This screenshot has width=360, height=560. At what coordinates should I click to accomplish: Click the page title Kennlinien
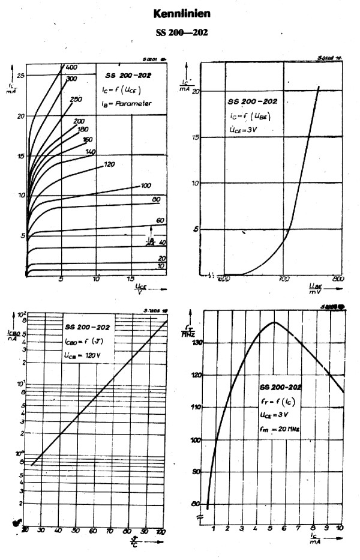[181, 12]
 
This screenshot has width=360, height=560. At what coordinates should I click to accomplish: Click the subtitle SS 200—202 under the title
[181, 32]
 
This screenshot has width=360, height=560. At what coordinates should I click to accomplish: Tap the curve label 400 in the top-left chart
[71, 67]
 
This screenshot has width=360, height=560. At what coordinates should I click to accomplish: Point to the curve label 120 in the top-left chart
[109, 164]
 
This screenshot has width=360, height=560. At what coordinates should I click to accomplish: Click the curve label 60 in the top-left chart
[160, 221]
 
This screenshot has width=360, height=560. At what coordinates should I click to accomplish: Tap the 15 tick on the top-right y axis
[194, 137]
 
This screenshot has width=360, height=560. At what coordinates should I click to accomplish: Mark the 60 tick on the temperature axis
[94, 530]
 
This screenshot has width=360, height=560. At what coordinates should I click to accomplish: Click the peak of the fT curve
[274, 322]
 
